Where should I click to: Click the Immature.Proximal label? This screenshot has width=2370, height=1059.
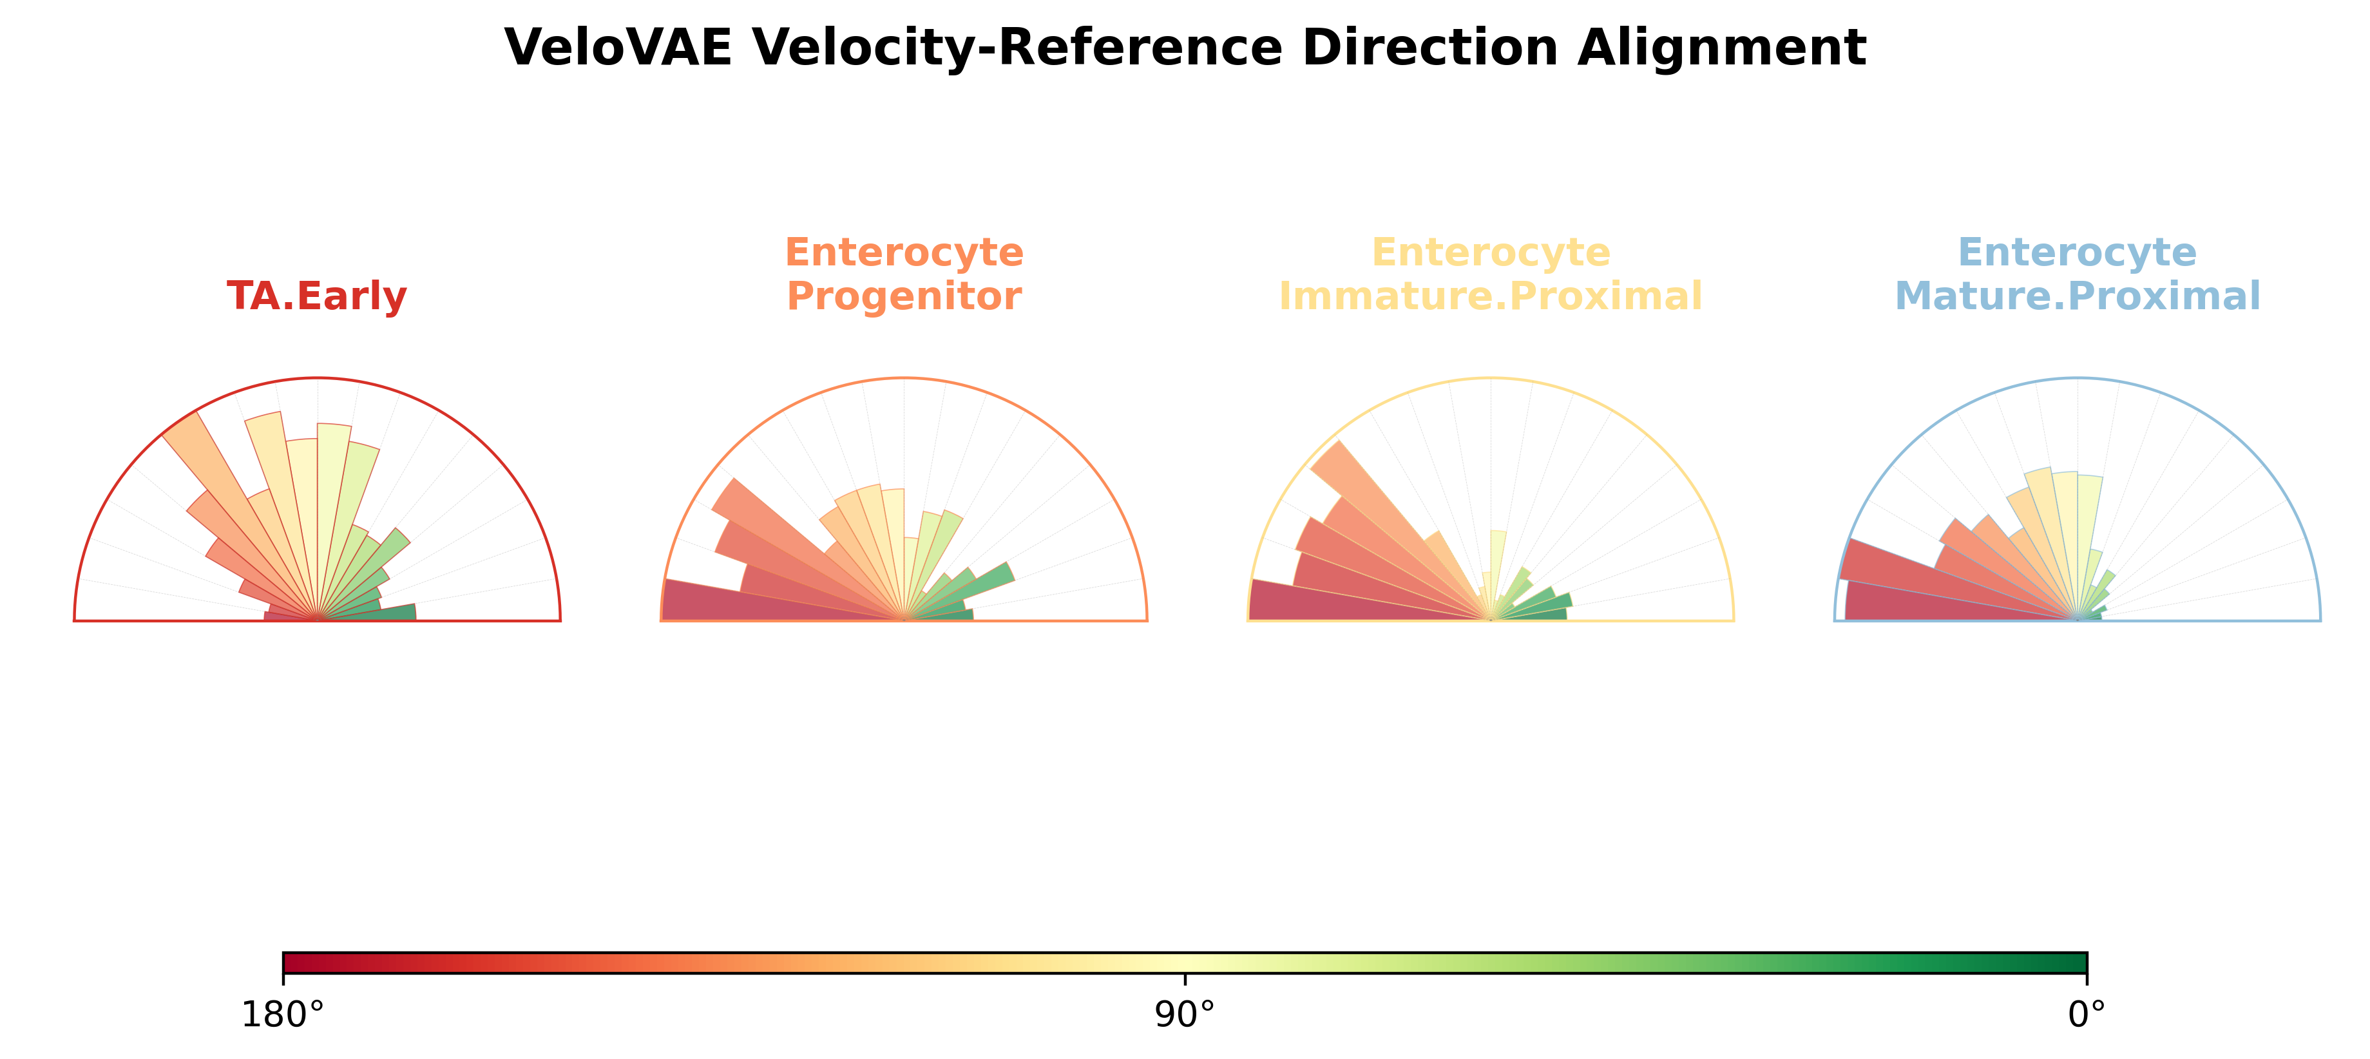pos(1491,296)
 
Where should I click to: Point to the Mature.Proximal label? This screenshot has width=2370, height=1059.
pos(2078,296)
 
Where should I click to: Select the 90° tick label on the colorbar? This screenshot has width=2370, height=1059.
pos(1185,1015)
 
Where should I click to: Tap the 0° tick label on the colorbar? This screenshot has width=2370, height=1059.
pos(2087,1015)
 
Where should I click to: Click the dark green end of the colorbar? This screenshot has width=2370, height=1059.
pos(2075,963)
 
